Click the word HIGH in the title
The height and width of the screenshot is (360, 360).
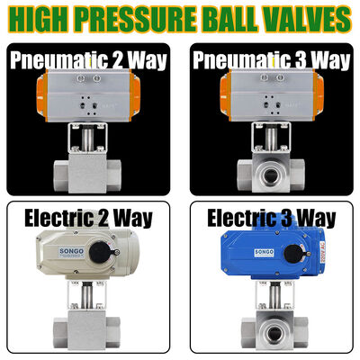[x=42, y=19]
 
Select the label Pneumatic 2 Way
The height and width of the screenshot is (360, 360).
[x=88, y=60]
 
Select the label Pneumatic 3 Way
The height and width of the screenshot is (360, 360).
[x=272, y=60]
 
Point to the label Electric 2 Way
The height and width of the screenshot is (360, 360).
[x=88, y=218]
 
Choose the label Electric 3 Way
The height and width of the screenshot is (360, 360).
[x=272, y=218]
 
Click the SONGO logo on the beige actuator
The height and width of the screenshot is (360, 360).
[x=72, y=252]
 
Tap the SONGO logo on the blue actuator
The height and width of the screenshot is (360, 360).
[x=265, y=252]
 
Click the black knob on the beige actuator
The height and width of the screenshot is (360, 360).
[x=102, y=252]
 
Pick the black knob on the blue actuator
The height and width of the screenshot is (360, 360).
[x=294, y=253]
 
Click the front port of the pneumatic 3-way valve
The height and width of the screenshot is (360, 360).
[x=271, y=175]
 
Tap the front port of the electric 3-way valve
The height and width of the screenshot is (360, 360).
[x=274, y=334]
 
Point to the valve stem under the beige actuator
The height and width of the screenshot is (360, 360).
[x=86, y=296]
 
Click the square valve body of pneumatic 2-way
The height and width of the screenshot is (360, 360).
[x=86, y=173]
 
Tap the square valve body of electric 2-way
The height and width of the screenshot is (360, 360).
[x=86, y=331]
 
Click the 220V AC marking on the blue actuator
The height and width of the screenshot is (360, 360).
[x=322, y=252]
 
